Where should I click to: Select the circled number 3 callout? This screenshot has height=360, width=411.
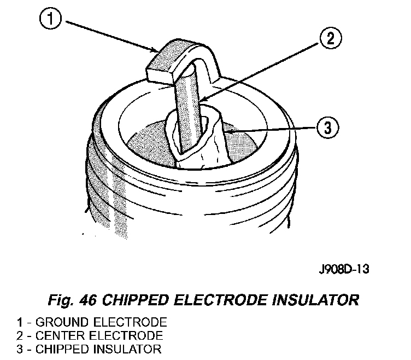327,129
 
